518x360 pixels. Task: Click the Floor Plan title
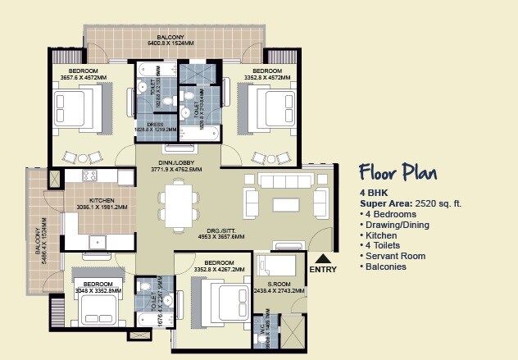[398, 172]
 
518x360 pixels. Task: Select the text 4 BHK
[374, 193]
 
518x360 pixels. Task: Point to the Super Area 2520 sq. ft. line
[407, 203]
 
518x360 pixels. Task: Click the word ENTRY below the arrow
[323, 269]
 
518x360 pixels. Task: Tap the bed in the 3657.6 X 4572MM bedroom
[80, 110]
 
